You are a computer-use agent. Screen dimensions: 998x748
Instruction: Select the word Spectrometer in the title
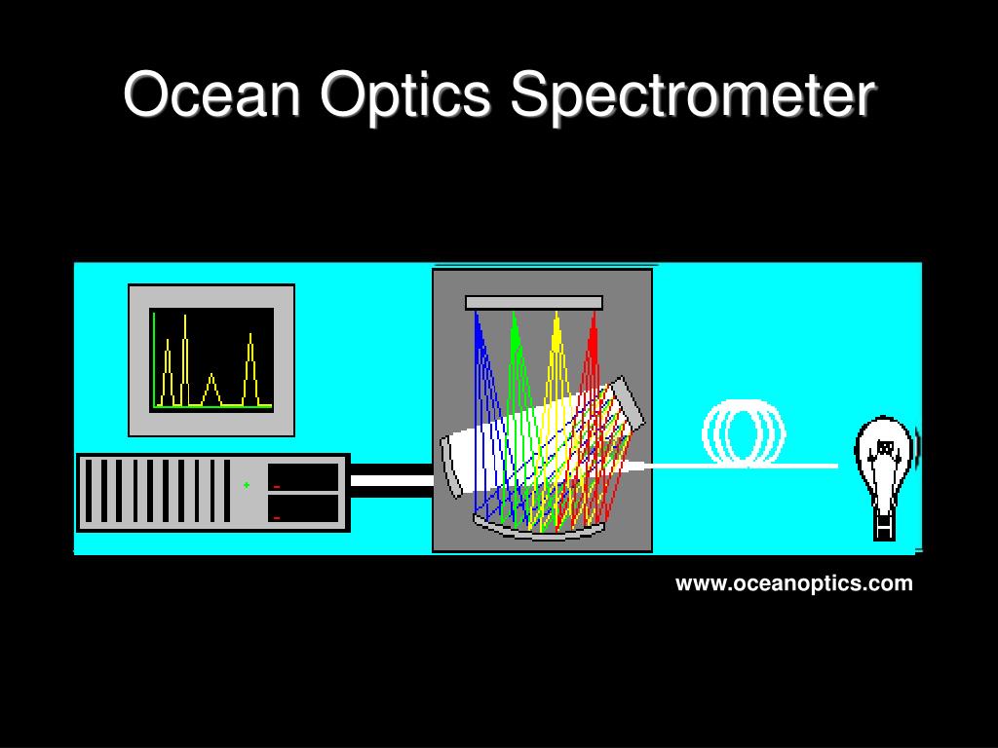693,95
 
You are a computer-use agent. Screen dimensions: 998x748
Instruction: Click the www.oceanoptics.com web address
794,583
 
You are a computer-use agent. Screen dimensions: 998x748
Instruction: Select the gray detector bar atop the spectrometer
534,303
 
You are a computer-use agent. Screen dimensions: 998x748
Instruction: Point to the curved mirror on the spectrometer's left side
451,467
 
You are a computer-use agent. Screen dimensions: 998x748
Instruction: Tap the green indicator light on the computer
247,484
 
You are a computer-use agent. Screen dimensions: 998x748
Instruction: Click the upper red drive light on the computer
277,486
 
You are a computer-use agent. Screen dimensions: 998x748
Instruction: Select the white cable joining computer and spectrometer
391,480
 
